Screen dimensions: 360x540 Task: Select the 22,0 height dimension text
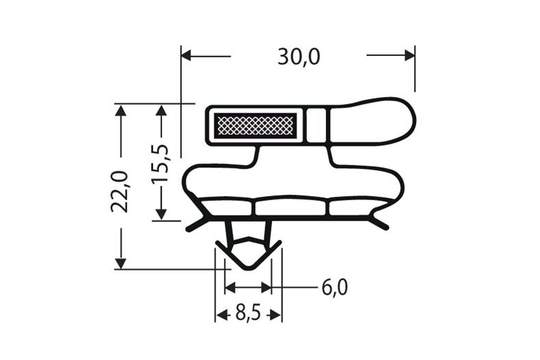coord(120,192)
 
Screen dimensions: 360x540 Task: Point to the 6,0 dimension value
coord(334,288)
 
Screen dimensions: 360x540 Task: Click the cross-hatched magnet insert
coord(254,125)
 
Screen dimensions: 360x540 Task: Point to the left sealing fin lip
coord(196,222)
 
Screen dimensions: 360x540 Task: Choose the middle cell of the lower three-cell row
coord(292,208)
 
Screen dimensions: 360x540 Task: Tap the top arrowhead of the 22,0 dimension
coord(121,111)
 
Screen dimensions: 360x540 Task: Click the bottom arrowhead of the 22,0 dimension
coord(121,263)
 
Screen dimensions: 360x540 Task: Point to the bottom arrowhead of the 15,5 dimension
coord(161,214)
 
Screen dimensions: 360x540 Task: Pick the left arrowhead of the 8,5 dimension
coord(221,314)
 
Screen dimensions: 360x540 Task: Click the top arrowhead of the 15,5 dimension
coord(161,111)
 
